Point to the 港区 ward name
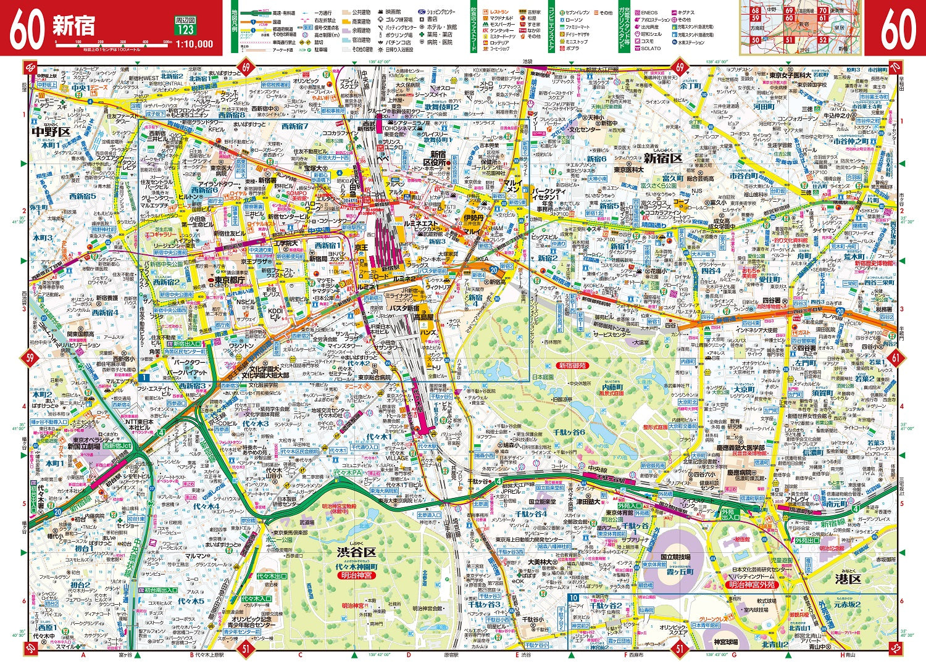point(848,579)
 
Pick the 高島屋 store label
point(423,316)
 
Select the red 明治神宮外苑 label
point(751,584)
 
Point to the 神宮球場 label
point(721,644)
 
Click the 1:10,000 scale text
point(194,44)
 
